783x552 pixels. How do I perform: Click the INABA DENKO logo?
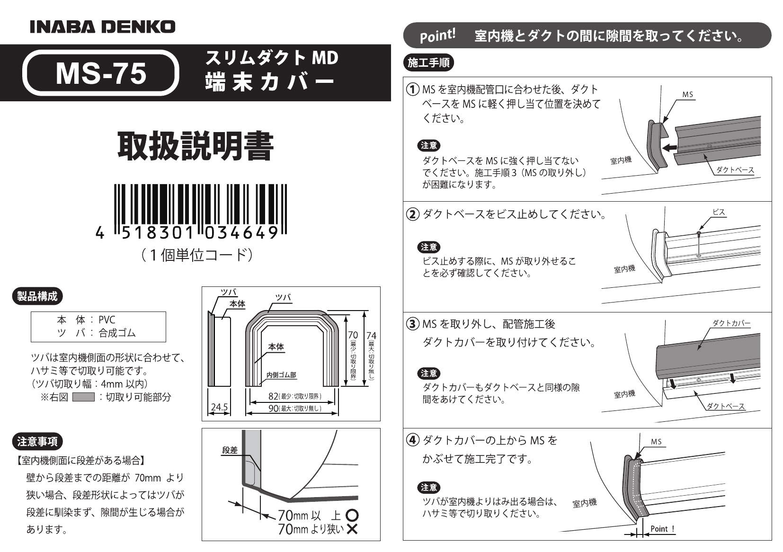[x=102, y=27]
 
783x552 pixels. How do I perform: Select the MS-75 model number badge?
[x=101, y=73]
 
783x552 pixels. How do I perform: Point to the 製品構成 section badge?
[x=37, y=296]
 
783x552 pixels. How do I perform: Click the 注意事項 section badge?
[x=37, y=442]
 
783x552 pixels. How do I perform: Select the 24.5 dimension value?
[x=219, y=407]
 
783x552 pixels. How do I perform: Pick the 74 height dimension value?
[x=371, y=336]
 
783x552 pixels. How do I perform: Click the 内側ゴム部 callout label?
[x=281, y=375]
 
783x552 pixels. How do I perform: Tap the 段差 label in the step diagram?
[x=230, y=450]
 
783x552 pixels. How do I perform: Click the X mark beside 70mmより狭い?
[x=352, y=529]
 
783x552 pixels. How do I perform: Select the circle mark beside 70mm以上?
[x=352, y=515]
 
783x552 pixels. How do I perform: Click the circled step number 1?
[x=412, y=89]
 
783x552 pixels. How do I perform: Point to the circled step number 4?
[x=412, y=440]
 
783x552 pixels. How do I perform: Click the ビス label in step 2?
[x=719, y=212]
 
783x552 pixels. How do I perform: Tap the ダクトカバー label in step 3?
[x=731, y=323]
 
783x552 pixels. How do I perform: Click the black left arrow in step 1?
[x=670, y=148]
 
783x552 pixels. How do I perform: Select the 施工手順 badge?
[x=428, y=62]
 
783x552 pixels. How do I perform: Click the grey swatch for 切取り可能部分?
[x=83, y=397]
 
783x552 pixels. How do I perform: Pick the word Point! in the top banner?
[x=437, y=36]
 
